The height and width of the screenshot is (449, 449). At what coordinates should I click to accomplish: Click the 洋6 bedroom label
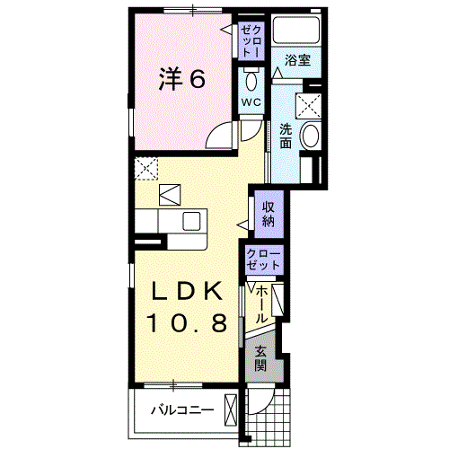coord(182,79)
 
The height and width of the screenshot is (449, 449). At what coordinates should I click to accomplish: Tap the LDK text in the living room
coord(188,291)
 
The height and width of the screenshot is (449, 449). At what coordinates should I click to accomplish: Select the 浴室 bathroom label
coord(297,60)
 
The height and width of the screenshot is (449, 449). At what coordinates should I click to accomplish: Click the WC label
coord(251,102)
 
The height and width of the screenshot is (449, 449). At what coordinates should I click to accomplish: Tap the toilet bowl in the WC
coord(251,81)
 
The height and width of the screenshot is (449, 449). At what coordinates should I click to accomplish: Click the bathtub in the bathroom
coord(296,30)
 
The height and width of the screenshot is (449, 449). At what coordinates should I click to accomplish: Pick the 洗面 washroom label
coord(286,136)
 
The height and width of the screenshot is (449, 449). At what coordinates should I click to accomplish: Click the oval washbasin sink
coord(310,136)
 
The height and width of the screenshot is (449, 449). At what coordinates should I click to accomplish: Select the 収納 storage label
coord(269,214)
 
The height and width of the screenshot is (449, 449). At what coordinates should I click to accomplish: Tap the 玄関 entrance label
coord(260,359)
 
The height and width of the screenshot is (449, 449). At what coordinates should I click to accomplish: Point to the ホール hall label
coord(261,304)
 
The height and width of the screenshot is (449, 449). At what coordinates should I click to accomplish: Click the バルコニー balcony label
coord(182,409)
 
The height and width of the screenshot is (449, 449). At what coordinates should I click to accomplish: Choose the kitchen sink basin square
coord(191,221)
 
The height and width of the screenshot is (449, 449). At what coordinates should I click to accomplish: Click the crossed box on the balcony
coord(231,410)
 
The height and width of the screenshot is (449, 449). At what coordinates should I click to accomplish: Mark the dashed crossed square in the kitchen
coord(145,169)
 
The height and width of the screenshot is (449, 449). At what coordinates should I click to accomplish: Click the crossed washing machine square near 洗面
coord(308,106)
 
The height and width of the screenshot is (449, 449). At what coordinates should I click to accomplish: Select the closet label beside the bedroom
coord(251,41)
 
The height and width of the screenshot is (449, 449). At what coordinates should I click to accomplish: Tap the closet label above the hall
coord(264,260)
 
